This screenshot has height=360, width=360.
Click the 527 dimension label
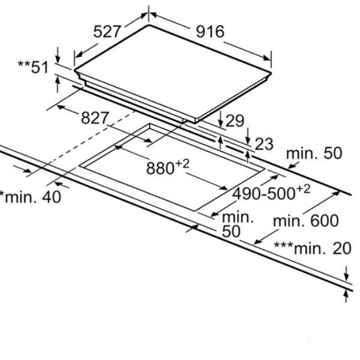point(108,31)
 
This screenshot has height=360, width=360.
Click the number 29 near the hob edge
point(235,121)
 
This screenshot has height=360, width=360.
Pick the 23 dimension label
point(263,144)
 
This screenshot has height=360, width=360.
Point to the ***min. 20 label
point(311,248)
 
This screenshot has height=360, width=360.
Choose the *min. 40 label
point(30,196)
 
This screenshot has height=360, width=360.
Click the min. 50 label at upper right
point(313,154)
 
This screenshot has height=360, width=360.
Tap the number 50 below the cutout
point(231,231)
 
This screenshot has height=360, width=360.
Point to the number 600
point(324,221)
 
